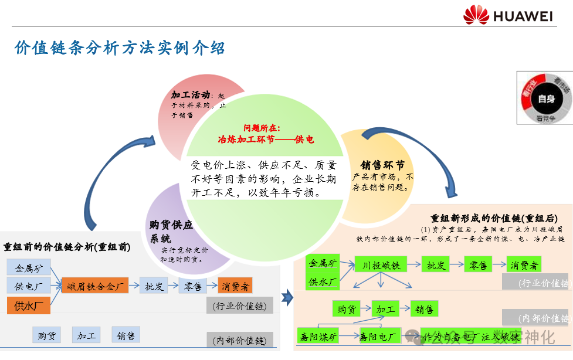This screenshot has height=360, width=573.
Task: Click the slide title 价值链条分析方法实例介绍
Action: click(x=120, y=47)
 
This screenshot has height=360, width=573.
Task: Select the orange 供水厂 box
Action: click(x=29, y=305)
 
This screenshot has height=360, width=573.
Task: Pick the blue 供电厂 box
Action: click(x=29, y=286)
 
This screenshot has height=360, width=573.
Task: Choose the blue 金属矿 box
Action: click(x=29, y=268)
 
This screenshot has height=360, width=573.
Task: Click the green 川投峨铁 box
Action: click(x=381, y=264)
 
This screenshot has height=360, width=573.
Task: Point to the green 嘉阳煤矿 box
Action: click(x=318, y=337)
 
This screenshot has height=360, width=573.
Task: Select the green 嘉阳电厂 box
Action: click(x=379, y=337)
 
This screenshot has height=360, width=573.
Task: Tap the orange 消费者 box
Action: click(x=235, y=286)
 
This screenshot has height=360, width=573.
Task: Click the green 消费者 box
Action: click(x=524, y=264)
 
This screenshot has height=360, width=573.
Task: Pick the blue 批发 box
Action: click(x=154, y=286)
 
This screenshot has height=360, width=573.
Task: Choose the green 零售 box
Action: click(x=479, y=264)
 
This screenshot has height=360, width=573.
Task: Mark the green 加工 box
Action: click(x=385, y=308)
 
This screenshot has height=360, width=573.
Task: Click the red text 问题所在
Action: click(x=262, y=127)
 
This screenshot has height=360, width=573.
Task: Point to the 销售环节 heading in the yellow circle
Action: click(x=382, y=165)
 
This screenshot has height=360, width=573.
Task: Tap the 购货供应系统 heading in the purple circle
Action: click(x=171, y=231)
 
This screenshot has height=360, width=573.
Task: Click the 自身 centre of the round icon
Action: click(x=545, y=99)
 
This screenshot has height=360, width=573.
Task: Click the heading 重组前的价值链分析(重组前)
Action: click(x=67, y=246)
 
